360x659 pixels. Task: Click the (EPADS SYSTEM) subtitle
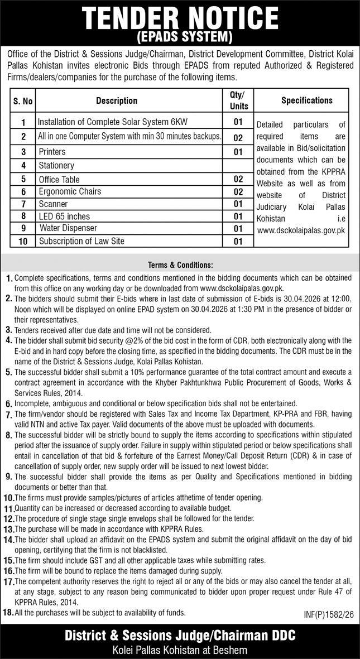coord(180,37)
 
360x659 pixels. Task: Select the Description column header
coord(117,101)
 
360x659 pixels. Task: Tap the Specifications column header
coord(306,100)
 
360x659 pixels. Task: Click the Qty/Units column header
coord(238,100)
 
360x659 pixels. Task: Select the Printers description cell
coord(52,152)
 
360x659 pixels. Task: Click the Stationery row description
coord(56,166)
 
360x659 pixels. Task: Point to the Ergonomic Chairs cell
coord(70,191)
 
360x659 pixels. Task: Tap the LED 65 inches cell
coord(64,216)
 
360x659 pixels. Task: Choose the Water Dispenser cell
coord(68,228)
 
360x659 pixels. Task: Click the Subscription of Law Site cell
coord(81,241)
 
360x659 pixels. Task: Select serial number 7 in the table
coord(23,204)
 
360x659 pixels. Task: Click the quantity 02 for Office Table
coord(238,179)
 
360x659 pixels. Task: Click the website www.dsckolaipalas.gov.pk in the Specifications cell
coord(301,229)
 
